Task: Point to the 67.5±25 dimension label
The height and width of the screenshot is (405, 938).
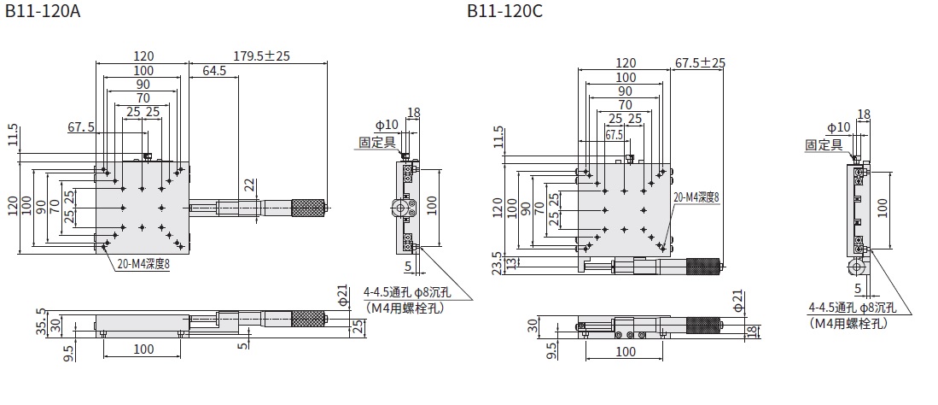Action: coord(700,62)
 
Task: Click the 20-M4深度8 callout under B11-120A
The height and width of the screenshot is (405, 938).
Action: coord(143,265)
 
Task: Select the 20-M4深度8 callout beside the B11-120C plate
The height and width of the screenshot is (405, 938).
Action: coord(696,197)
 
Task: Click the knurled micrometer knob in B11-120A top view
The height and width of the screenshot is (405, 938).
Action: coord(308,207)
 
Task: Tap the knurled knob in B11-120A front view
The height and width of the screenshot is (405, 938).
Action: coord(308,319)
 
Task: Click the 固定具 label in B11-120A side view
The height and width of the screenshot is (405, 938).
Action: coord(376,143)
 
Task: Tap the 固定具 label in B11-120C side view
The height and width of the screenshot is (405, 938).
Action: coord(823,145)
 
